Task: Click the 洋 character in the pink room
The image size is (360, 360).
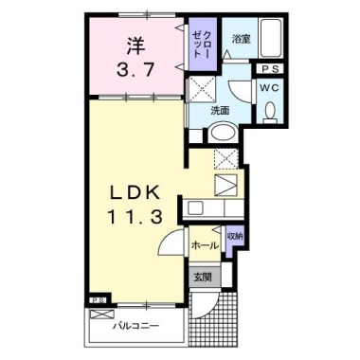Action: click(136, 44)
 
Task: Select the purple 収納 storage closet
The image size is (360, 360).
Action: click(234, 236)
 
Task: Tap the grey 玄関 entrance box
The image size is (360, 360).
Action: click(204, 277)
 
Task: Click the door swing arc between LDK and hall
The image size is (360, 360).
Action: click(171, 243)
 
